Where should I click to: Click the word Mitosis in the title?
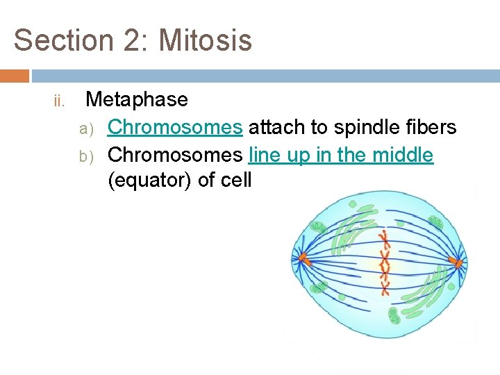pyautogui.click(x=205, y=40)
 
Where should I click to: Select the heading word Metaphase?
pyautogui.click(x=136, y=99)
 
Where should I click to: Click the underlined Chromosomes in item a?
pyautogui.click(x=175, y=127)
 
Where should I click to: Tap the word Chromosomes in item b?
pyautogui.click(x=175, y=155)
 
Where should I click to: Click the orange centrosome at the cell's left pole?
pyautogui.click(x=303, y=259)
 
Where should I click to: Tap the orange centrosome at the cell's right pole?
pyautogui.click(x=456, y=262)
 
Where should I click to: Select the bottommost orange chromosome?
pyautogui.click(x=385, y=285)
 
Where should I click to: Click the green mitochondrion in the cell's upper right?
pyautogui.click(x=435, y=223)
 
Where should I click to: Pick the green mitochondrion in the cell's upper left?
pyautogui.click(x=319, y=228)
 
